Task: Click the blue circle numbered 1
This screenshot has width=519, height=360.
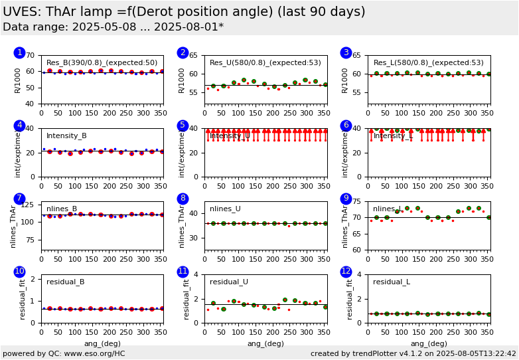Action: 19,52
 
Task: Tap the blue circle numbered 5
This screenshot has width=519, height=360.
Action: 183,126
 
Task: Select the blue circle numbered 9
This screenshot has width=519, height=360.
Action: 346,199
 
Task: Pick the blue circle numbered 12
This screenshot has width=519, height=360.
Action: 346,272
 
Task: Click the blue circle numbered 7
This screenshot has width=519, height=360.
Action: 19,199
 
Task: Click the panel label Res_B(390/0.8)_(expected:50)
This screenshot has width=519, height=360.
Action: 102,63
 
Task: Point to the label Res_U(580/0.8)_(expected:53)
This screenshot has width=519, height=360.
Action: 265,63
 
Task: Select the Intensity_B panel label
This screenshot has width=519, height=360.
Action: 66,136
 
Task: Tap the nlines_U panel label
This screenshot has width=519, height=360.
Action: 225,209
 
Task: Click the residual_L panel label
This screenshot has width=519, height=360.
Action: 392,282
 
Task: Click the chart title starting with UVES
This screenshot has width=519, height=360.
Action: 184,12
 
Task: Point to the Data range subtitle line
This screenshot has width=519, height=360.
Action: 113,27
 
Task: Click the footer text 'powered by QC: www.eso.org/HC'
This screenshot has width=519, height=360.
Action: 64,353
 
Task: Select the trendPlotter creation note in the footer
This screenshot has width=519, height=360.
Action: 413,353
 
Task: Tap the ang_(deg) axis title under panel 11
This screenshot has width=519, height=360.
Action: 265,343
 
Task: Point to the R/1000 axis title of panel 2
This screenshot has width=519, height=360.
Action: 182,80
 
